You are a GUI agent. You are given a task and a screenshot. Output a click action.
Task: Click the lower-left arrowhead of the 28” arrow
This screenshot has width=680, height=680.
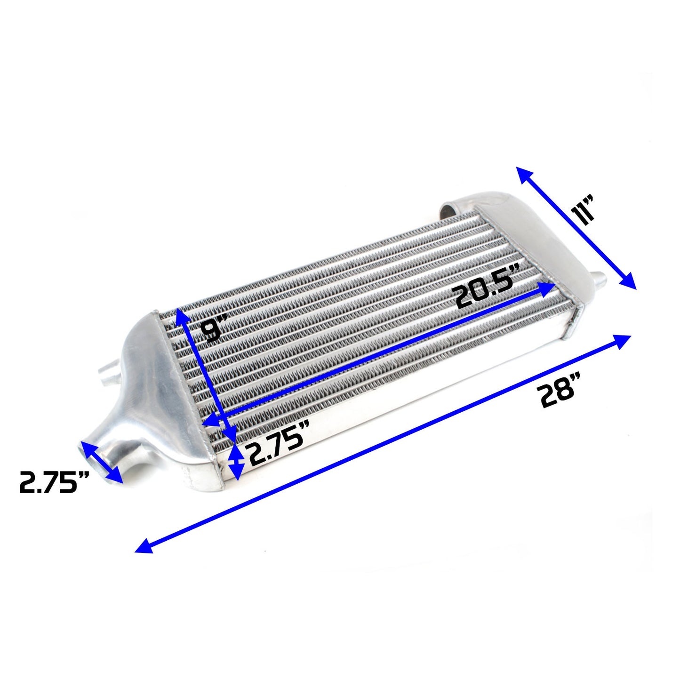[x=144, y=546]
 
